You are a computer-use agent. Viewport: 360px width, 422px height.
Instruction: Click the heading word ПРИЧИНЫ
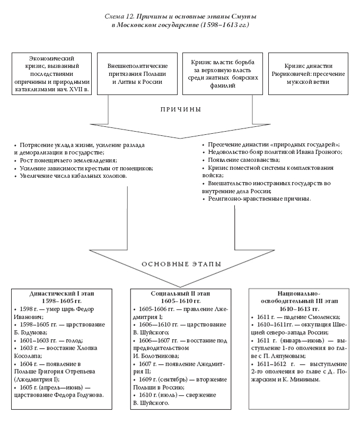180,109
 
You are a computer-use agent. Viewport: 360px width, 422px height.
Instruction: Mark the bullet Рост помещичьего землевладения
68,160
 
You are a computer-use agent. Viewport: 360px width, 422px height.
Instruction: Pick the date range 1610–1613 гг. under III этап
298,308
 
